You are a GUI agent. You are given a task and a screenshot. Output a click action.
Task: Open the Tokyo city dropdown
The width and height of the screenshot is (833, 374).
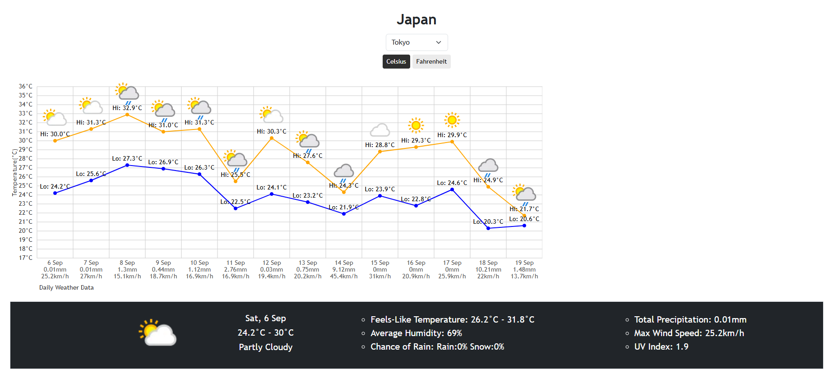[416, 42]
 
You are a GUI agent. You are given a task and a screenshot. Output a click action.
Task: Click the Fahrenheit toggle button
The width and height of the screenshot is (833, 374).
[431, 62]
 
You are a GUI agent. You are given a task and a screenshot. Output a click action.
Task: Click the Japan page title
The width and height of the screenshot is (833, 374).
[416, 19]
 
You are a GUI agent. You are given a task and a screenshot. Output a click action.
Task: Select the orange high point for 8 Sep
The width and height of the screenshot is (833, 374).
[127, 115]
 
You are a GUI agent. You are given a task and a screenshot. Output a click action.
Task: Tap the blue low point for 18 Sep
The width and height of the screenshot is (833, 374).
[488, 228]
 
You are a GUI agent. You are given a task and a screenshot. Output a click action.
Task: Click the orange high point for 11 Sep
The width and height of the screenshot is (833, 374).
[236, 181]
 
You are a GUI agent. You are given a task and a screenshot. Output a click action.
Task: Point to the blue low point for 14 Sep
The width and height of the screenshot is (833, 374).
[344, 214]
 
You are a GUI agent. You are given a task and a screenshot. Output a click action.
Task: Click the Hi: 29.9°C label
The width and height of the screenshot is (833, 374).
[452, 135]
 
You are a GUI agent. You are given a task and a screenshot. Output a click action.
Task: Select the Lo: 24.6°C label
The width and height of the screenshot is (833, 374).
[452, 183]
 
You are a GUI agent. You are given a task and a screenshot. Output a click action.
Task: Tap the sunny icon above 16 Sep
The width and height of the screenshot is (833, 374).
[416, 125]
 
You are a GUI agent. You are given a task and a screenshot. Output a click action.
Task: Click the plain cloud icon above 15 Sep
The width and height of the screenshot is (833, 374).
[380, 130]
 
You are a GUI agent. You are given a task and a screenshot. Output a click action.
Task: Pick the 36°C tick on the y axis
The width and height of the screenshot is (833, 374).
[26, 86]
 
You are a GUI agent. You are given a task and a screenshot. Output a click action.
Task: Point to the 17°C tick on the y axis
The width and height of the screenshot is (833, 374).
[26, 258]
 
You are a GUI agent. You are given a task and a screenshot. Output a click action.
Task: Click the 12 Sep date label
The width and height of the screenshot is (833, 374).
[272, 263]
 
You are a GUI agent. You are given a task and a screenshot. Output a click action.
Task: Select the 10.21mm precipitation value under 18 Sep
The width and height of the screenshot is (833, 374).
[488, 269]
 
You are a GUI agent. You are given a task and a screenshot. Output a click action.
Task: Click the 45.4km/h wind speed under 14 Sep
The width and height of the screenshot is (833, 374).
[344, 276]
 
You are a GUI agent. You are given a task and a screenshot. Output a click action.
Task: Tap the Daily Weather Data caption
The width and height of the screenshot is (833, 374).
[66, 287]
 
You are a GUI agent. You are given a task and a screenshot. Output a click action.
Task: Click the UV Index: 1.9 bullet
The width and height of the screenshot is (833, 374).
[661, 346]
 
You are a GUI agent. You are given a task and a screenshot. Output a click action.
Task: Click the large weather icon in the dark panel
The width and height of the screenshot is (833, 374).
[157, 333]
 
